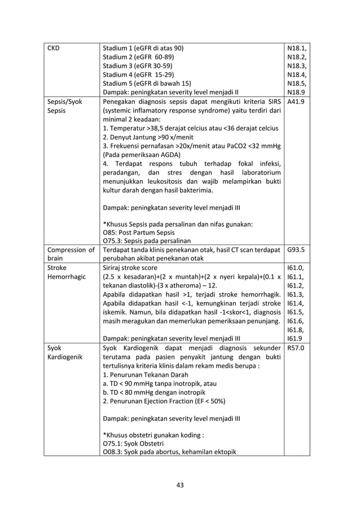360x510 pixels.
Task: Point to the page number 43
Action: pyautogui.click(x=179, y=484)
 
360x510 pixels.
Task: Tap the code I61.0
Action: pyautogui.click(x=295, y=268)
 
